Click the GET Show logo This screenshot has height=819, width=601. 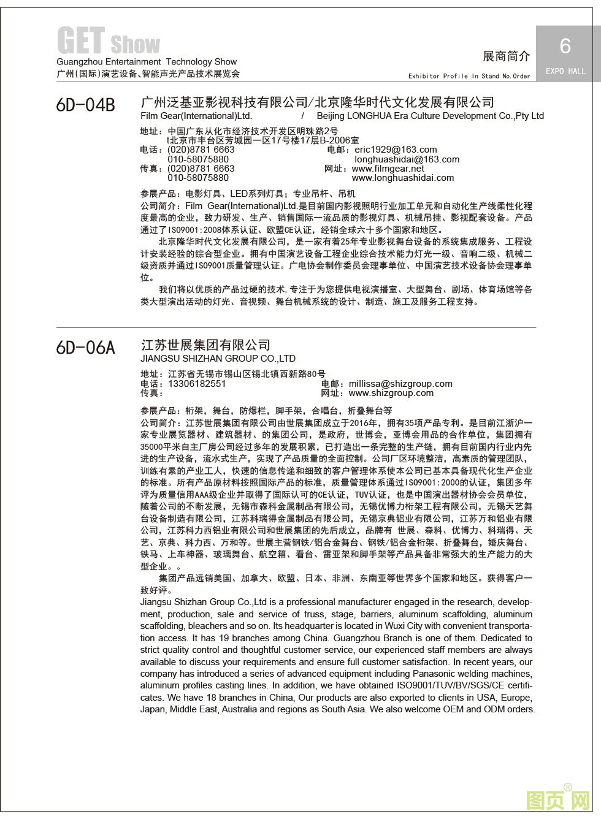[108, 41]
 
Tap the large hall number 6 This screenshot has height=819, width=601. [565, 46]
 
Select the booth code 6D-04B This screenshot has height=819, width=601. [85, 105]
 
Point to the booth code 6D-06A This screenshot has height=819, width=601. [85, 348]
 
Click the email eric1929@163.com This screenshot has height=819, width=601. [396, 150]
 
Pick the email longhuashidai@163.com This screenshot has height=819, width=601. [407, 159]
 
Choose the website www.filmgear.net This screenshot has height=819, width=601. [388, 169]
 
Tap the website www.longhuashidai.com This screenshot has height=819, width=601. [403, 178]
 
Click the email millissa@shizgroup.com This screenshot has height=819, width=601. [400, 384]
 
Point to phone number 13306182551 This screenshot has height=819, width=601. [197, 384]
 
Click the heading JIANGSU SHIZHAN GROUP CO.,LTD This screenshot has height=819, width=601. [218, 359]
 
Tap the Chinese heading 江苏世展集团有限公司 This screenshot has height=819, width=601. [205, 345]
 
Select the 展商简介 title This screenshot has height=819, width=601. [506, 56]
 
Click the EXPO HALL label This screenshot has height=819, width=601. [565, 71]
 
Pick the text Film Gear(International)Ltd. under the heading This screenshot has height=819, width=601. [196, 116]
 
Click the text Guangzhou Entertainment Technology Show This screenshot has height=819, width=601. [147, 62]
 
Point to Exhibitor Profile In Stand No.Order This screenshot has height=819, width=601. [469, 76]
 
